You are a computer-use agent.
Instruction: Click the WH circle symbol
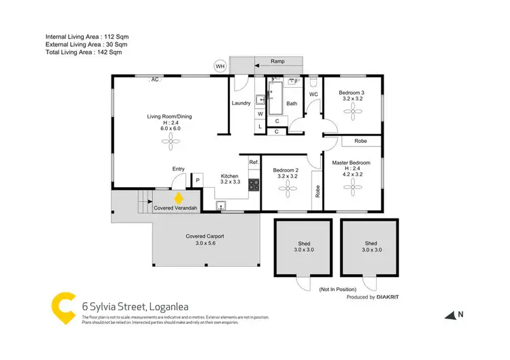click(220, 66)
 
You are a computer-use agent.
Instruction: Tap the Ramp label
click(277, 61)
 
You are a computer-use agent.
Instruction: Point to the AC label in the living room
click(154, 80)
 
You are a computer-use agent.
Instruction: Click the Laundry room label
click(241, 103)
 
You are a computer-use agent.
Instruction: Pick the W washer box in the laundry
click(260, 114)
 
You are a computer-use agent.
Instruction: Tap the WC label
click(313, 94)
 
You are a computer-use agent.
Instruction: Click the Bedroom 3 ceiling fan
click(354, 114)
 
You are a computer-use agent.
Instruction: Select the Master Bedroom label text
click(351, 163)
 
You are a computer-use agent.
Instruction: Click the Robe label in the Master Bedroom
click(360, 142)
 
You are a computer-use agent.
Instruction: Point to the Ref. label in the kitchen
click(254, 162)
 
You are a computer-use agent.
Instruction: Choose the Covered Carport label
click(205, 236)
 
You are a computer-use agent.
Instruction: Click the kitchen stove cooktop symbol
click(254, 184)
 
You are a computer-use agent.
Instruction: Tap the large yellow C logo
click(63, 307)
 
